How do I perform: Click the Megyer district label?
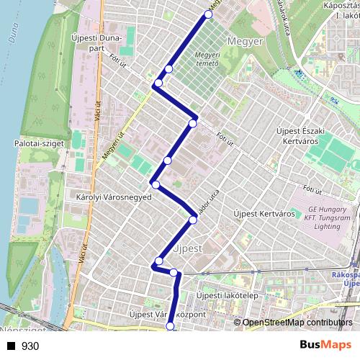(245, 42)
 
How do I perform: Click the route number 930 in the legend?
(30, 346)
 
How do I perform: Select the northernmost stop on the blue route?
(209, 14)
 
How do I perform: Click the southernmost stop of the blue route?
(171, 327)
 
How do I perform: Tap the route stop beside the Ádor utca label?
(193, 220)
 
